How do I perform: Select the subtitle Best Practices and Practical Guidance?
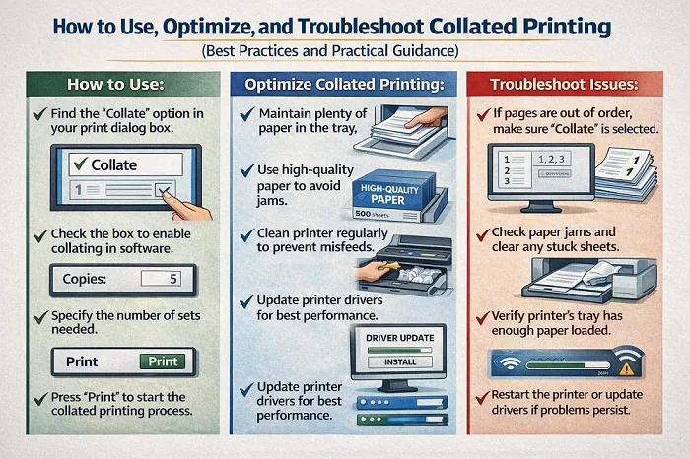tap(345, 48)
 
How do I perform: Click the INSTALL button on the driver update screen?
tap(399, 363)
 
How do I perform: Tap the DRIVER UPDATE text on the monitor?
tap(399, 338)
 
